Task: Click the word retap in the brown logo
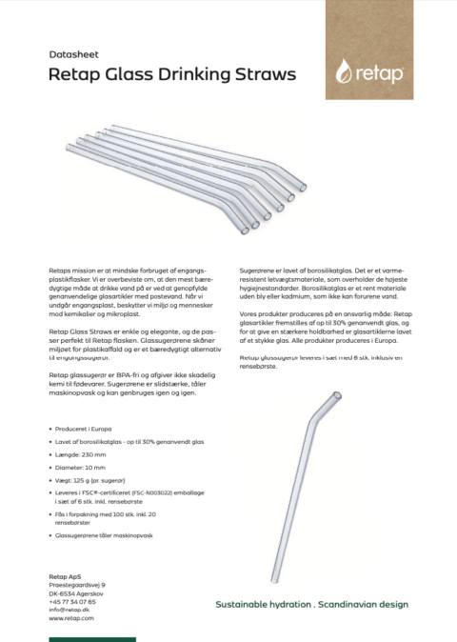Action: click(383, 73)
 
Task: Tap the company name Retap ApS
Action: click(67, 574)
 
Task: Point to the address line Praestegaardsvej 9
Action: click(76, 584)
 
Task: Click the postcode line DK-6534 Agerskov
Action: click(77, 592)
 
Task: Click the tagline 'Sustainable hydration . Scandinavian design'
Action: click(311, 604)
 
